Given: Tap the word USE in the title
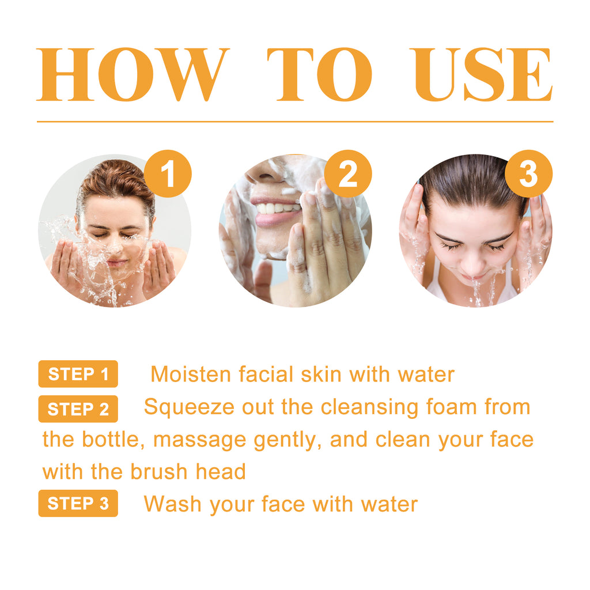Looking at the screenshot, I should (483, 75).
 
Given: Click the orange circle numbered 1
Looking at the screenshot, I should (168, 173).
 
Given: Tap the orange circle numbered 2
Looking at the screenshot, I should (348, 173).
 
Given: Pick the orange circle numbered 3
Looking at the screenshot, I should (528, 173).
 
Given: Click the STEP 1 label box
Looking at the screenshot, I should (78, 374).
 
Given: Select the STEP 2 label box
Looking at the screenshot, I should (78, 409).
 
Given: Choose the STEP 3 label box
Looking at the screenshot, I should (78, 503).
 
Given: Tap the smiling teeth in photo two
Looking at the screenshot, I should (275, 208).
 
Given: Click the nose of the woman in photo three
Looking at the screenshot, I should (474, 264).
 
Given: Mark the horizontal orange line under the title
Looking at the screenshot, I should (295, 122).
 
